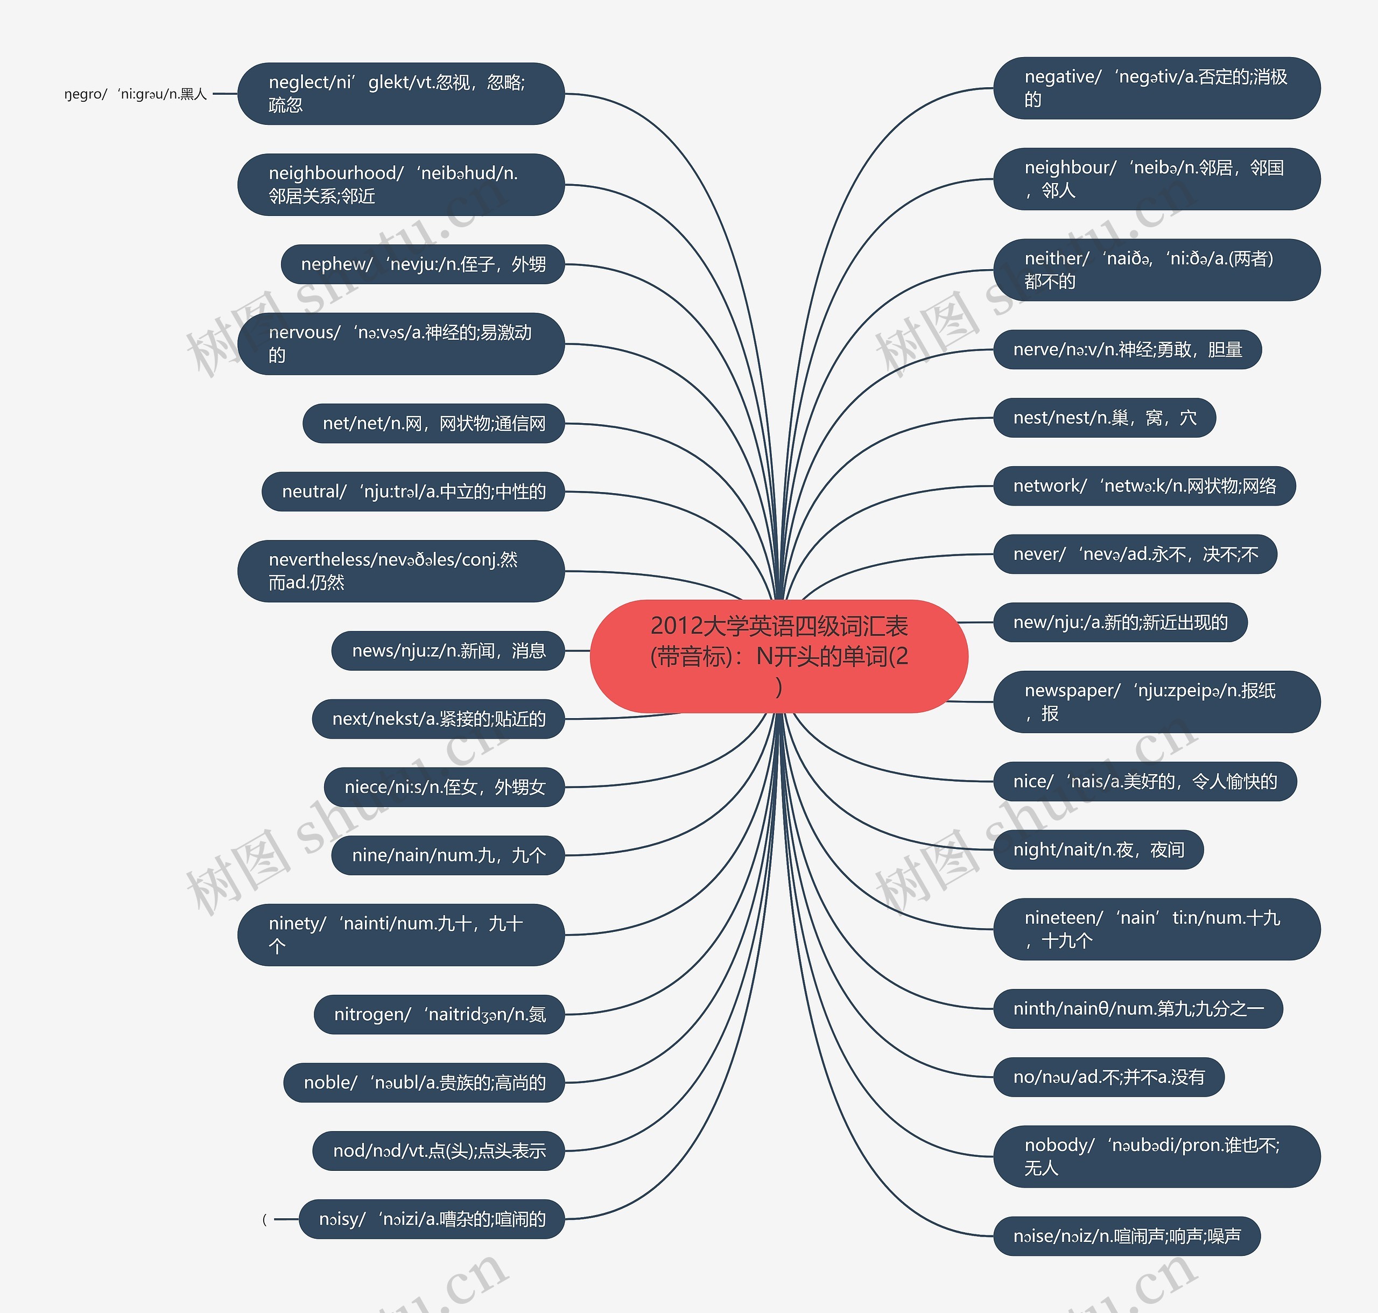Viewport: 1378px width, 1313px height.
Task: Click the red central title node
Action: click(778, 656)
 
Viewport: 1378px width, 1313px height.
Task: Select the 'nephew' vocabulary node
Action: click(423, 264)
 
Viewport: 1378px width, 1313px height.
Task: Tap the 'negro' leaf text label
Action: click(136, 94)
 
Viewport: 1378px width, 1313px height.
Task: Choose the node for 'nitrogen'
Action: click(439, 1014)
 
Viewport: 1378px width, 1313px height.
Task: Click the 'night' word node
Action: click(1098, 849)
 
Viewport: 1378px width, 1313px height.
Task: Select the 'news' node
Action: click(448, 651)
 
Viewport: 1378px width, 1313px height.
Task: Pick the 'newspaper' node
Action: click(1156, 701)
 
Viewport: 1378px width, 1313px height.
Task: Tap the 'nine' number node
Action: click(448, 855)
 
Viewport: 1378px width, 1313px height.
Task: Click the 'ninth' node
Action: click(1137, 1008)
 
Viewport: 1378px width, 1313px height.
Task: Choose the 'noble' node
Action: click(424, 1083)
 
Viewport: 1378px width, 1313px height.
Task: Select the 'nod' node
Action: click(438, 1150)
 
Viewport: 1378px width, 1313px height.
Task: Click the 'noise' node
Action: click(1126, 1236)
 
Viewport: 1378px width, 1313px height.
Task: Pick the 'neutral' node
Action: click(413, 492)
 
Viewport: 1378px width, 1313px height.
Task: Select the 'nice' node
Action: click(1144, 781)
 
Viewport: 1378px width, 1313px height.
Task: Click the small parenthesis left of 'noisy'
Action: click(264, 1219)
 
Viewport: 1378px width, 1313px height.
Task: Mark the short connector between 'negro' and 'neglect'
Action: click(224, 94)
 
